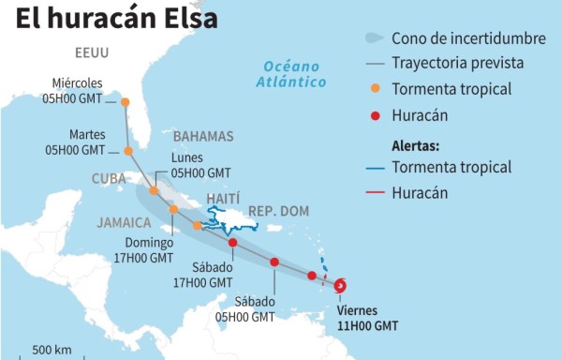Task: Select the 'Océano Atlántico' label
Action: (292, 74)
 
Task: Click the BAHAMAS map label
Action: (203, 137)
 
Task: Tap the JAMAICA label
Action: (124, 222)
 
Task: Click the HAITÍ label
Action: (221, 199)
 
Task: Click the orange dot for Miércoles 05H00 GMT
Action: (125, 102)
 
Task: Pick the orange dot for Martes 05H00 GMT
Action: (128, 150)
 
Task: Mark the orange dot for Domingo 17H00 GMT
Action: (197, 225)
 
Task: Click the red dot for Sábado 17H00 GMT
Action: (232, 244)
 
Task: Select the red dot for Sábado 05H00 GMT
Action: (274, 262)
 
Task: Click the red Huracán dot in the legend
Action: (376, 117)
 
